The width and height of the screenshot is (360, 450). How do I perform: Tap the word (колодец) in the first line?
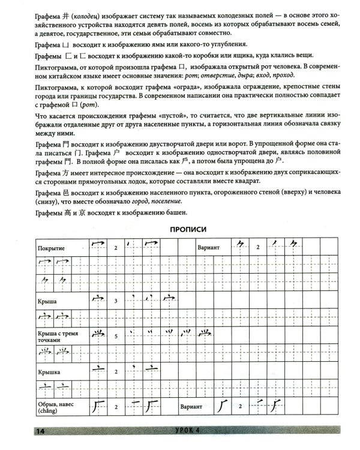pyautogui.click(x=71, y=9)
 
